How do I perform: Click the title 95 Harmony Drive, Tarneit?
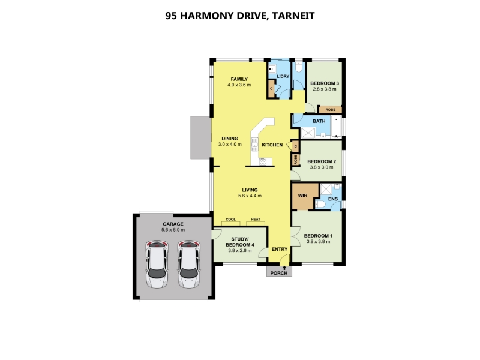coord(239,16)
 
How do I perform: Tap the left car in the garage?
coord(157,264)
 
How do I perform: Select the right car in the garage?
coord(189,264)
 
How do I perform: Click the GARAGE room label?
coord(173,224)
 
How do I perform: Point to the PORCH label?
coord(279,273)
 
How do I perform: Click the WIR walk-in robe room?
coord(303,196)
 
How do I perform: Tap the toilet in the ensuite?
coord(320,204)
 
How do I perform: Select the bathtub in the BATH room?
coord(336,127)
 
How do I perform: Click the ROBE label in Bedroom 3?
coord(331,110)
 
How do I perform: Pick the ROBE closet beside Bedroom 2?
coord(296,160)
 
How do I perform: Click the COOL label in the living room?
coord(230,219)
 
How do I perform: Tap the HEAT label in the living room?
coord(256,219)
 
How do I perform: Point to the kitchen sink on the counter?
coord(254,145)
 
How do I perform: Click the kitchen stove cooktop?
coord(263,161)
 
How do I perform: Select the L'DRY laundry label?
coord(283,76)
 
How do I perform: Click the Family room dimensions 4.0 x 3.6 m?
coord(239,85)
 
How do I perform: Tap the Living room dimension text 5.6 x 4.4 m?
coord(250,196)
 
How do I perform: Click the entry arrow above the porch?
coord(284,268)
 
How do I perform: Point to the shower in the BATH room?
coord(308,133)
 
